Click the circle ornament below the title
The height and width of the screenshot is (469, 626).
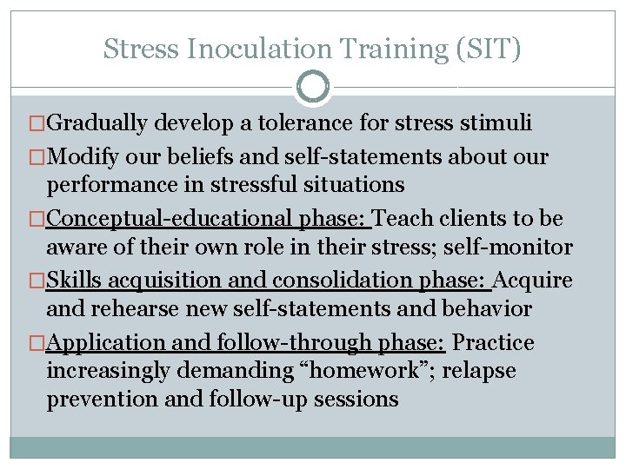pos(313,86)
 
